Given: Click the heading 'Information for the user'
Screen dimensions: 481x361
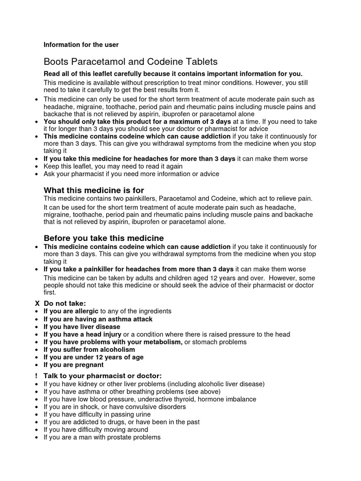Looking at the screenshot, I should [81, 45].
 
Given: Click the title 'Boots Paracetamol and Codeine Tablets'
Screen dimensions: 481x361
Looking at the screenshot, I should [131, 62].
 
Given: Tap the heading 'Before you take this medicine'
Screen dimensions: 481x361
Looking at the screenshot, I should [103, 238].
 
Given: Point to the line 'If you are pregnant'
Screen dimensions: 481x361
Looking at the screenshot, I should [73, 365].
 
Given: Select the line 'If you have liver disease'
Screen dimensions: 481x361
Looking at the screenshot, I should [82, 326].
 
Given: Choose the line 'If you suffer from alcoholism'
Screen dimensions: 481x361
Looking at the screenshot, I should [89, 349].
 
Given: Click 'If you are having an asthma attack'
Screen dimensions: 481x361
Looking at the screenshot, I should [98, 319].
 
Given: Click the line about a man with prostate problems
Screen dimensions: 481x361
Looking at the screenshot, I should [102, 437].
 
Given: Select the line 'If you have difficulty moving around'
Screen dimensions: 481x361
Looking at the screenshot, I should [95, 429].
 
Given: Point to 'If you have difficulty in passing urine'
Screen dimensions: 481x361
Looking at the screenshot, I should [97, 414].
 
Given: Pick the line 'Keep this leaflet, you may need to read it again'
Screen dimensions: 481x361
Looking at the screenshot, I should [113, 166].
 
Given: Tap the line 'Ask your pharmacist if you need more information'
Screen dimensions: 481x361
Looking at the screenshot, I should [131, 174].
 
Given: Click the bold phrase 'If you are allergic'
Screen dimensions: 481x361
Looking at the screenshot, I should [71, 311].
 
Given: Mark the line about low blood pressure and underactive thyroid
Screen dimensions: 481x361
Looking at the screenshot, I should [149, 399].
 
